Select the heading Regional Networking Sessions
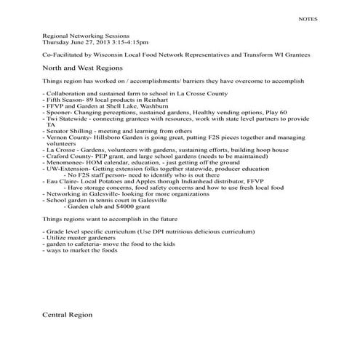click(x=86, y=35)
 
